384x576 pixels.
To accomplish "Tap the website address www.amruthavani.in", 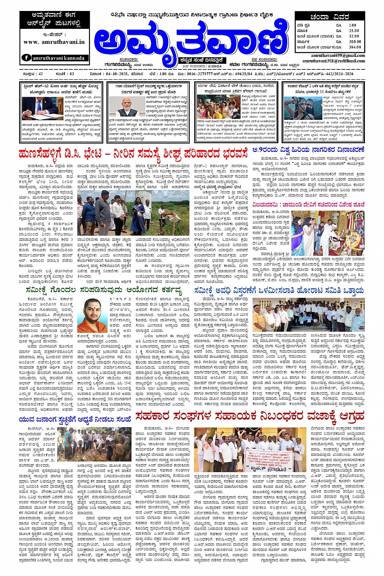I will (x=54, y=42).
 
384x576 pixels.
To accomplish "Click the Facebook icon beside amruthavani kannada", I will (x=26, y=58).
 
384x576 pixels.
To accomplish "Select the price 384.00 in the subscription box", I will (x=354, y=47).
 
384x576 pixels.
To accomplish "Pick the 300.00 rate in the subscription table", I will (x=354, y=41).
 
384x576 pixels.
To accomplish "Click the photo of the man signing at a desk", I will (x=36, y=108).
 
